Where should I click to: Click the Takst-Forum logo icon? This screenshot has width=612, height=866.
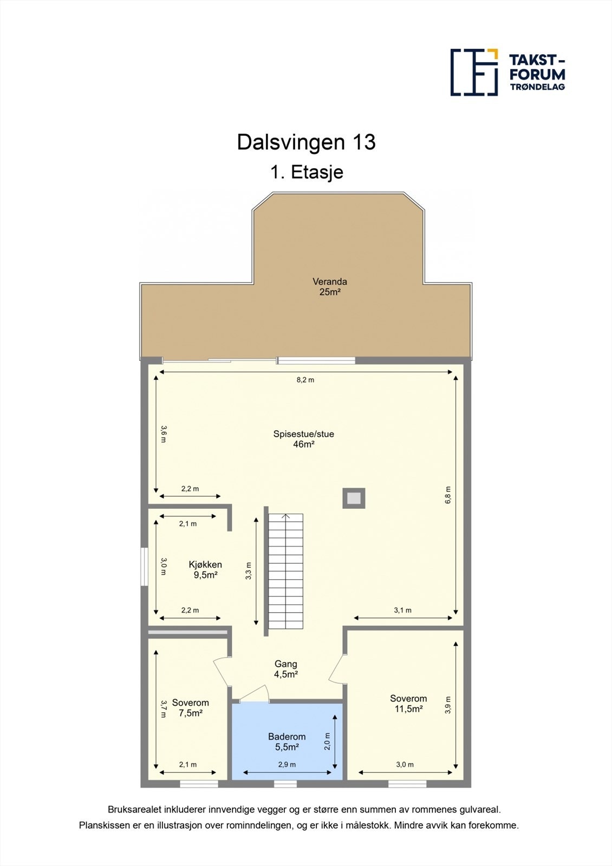point(474,72)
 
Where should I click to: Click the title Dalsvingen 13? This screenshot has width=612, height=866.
point(306,142)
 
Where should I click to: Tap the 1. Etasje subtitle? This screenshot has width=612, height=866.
point(307,172)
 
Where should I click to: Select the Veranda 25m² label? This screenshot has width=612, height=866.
point(329,287)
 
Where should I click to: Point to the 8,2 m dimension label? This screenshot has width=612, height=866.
point(305,380)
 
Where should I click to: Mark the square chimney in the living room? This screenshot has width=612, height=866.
point(354,498)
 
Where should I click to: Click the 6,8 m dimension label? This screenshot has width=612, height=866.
point(448,495)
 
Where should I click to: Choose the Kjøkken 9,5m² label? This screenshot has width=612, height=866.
point(205,570)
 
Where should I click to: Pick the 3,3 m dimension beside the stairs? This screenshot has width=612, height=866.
point(249,571)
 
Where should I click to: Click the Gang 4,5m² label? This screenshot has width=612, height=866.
point(285,669)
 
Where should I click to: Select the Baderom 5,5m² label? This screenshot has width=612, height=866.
point(287,742)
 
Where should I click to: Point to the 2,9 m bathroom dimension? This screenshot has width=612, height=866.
point(287,765)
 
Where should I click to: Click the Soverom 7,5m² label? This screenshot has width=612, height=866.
point(190,708)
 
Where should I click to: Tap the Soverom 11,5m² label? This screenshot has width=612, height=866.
point(408,704)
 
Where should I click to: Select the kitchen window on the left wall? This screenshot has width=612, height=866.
point(144,567)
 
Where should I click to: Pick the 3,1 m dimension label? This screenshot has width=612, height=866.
point(402,610)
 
